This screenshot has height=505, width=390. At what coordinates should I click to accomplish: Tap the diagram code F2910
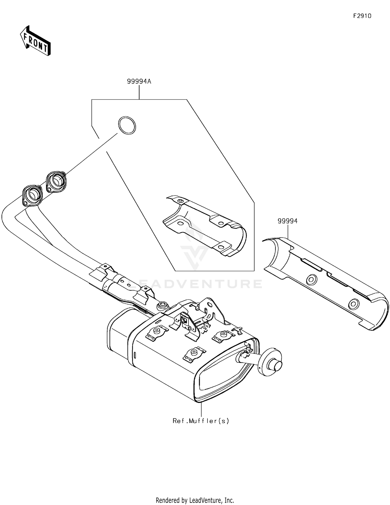362,16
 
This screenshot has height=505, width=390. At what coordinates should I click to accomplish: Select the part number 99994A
139,81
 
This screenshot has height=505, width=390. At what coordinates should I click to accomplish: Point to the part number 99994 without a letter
288,221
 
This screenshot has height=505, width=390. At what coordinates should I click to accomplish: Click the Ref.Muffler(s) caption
201,421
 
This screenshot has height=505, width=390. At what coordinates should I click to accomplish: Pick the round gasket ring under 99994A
127,125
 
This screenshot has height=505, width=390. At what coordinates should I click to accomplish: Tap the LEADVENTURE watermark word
195,284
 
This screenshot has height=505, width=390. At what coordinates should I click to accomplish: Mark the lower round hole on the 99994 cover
354,304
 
